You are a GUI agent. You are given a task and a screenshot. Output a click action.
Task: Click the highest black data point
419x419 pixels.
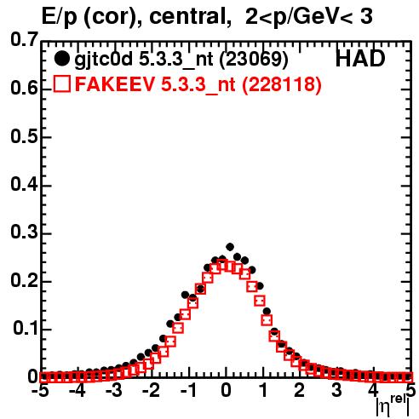coord(230,247)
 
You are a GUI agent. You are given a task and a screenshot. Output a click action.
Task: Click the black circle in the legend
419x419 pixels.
coord(61,59)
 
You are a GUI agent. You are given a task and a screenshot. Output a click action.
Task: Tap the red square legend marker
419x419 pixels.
coord(62,83)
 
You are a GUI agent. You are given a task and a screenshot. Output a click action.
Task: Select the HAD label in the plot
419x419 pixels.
coord(360,59)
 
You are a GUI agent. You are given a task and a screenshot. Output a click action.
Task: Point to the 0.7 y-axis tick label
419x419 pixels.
coord(24,39)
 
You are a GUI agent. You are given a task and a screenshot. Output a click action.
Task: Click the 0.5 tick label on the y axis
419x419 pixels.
coord(24,137)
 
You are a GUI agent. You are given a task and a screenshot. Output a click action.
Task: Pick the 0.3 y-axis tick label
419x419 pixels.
coord(24,232)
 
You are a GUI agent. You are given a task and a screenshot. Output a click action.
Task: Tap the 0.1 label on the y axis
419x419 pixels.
coord(25,329)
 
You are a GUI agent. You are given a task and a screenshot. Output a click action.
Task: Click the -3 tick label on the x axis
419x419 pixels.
coord(114,390)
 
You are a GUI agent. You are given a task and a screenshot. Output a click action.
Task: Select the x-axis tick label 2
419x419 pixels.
coord(300,390)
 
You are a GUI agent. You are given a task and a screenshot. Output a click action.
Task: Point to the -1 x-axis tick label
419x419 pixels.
coord(188,390)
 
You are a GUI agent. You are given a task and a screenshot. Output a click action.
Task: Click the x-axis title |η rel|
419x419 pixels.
coord(393,406)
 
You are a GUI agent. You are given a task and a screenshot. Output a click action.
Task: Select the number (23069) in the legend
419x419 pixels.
coord(254,60)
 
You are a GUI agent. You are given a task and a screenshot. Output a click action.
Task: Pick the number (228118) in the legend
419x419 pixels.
coord(282,84)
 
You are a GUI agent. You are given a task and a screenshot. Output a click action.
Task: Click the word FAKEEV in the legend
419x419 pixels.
coord(116,83)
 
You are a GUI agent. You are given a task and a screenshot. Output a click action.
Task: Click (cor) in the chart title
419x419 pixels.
coord(113,17)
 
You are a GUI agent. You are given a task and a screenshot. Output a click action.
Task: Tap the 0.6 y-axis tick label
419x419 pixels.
coord(24,88)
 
